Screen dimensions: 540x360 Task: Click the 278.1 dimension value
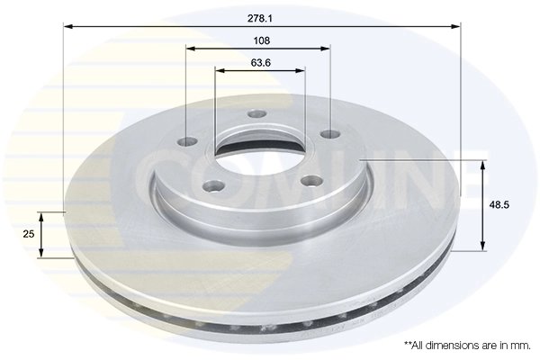(260, 19)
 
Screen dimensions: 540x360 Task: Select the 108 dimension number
(262, 40)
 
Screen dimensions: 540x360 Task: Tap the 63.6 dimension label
(261, 63)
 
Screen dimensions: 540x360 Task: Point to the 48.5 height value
(499, 205)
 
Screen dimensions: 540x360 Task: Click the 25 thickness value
(29, 234)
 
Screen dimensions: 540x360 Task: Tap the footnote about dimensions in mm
(467, 346)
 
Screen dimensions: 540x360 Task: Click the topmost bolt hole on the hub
(257, 113)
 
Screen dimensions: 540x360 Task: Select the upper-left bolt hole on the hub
(188, 141)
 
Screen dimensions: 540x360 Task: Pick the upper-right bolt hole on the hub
(330, 134)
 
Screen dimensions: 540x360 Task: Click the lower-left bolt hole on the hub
(214, 187)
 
